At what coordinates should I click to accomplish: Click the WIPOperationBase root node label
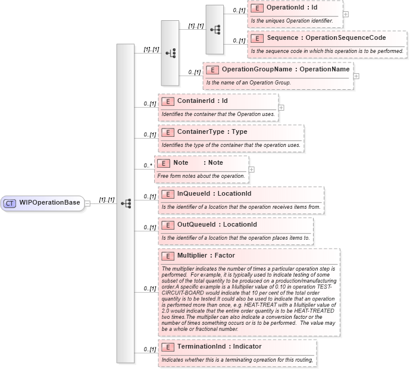(49, 203)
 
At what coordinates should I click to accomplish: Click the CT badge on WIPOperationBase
(10, 203)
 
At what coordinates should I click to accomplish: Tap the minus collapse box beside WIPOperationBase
(87, 203)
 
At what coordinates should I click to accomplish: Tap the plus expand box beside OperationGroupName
(356, 76)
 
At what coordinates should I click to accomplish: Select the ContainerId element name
(202, 101)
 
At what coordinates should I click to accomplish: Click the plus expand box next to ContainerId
(281, 108)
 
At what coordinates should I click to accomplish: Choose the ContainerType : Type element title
(212, 132)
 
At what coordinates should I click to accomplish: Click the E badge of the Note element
(163, 163)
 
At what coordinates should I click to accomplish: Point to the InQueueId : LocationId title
(214, 193)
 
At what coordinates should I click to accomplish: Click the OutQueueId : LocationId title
(217, 224)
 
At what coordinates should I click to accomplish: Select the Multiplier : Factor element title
(206, 255)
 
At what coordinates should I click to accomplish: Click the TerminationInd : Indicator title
(219, 346)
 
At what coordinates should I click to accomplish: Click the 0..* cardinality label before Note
(147, 166)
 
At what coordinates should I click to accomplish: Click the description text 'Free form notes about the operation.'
(201, 176)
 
